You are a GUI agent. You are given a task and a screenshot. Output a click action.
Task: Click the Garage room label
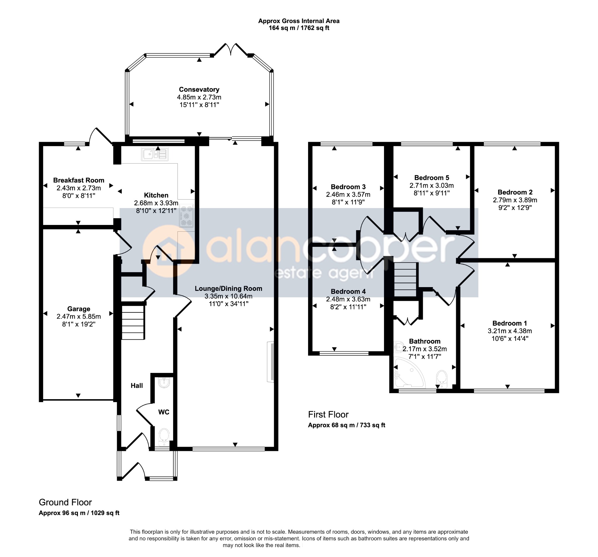(79, 309)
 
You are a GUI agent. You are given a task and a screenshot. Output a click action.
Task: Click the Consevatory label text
(199, 89)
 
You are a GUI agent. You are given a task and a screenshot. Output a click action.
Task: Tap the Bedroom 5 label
(432, 178)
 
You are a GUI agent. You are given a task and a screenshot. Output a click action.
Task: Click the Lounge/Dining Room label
(228, 289)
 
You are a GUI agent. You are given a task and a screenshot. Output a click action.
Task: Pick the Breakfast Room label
(79, 180)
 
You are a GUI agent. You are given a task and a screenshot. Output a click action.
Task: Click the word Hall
(137, 386)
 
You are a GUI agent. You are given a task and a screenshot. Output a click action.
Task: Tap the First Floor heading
(328, 415)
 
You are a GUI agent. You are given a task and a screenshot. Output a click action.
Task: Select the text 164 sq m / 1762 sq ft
(299, 28)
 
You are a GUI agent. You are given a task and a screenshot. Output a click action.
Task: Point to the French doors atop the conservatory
(231, 50)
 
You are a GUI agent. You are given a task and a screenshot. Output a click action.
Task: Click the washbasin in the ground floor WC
(164, 383)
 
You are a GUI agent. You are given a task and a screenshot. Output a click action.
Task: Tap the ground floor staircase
(133, 322)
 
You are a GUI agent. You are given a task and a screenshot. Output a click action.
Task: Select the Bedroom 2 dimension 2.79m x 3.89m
(515, 200)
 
